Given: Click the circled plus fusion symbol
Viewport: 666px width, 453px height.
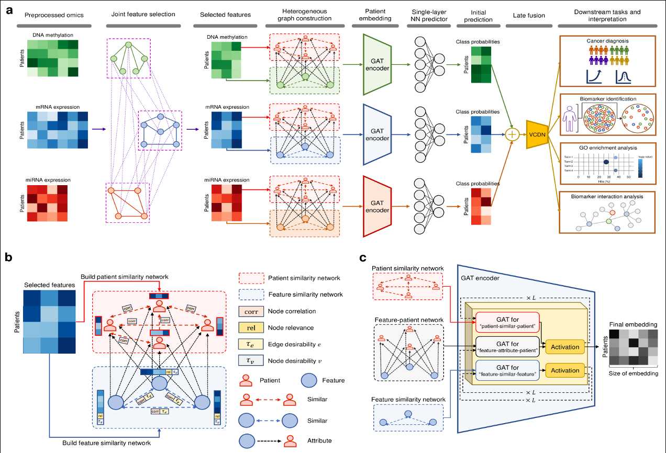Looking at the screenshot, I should [x=511, y=135].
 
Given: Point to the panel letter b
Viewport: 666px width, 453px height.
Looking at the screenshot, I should [x=9, y=257].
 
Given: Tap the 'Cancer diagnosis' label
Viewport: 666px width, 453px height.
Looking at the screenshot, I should [x=606, y=40].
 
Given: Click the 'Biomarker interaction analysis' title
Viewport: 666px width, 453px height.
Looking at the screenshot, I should [x=606, y=196].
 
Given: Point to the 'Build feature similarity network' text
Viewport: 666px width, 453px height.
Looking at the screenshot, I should [x=107, y=443].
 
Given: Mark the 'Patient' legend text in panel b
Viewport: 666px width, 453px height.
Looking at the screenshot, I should [x=274, y=380].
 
